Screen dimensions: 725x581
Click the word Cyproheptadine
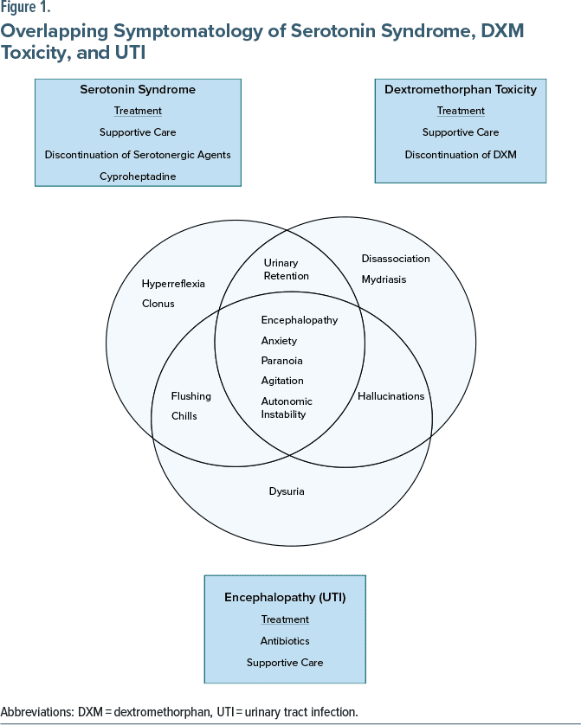pos(138,176)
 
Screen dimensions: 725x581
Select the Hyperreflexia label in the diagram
pos(173,284)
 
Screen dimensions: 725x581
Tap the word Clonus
pos(158,304)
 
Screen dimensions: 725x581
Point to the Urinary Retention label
pos(286,269)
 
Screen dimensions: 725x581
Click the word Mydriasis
pos(384,279)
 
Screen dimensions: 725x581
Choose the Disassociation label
pos(395,259)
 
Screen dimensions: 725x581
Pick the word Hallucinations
pos(391,396)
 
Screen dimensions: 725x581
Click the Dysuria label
pos(287,491)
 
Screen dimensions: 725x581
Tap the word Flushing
pos(190,396)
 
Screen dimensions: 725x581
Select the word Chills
pos(184,416)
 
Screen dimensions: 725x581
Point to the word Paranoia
pos(281,361)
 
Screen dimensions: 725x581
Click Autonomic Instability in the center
pos(287,407)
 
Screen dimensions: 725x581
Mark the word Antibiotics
pos(285,641)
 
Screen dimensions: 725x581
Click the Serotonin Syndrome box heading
pos(138,89)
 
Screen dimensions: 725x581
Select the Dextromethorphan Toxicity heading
pos(461,89)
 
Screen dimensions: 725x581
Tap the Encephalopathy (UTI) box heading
pos(285,597)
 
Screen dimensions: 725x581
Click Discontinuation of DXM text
pos(461,155)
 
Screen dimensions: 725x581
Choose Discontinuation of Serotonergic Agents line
pos(138,155)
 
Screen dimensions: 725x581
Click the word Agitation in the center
pos(281,381)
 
